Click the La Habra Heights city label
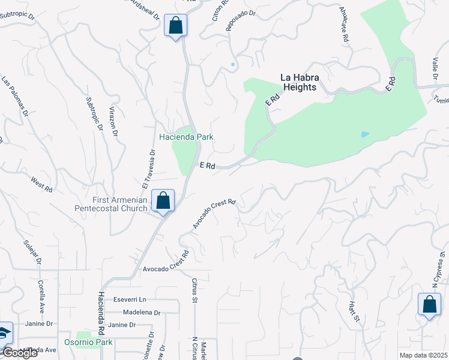[x=299, y=82]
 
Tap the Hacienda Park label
[x=186, y=137]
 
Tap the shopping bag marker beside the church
[x=163, y=201]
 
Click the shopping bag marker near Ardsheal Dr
[x=175, y=26]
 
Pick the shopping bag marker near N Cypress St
[x=430, y=304]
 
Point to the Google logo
[x=19, y=353]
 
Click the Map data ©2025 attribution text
[x=423, y=355]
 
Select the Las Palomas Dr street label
[x=14, y=96]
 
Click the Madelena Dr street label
[x=142, y=313]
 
